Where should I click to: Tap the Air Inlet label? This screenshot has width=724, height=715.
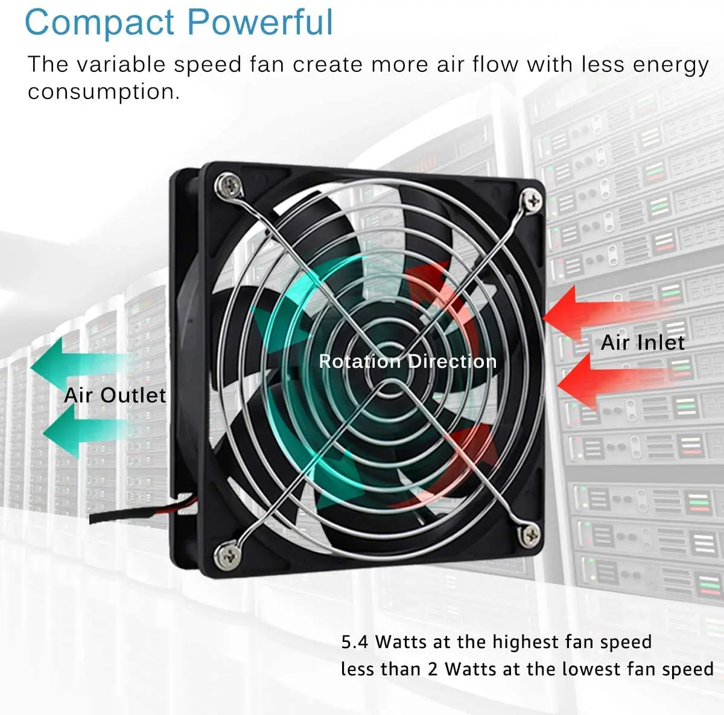coord(643,343)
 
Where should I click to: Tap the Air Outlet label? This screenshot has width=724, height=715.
coord(115,395)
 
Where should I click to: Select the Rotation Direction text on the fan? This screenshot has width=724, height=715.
coord(407,361)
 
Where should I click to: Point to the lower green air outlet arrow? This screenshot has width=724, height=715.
coord(78,430)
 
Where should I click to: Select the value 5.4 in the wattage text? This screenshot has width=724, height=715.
coord(354,641)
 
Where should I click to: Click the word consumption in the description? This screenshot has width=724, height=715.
coord(103,92)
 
